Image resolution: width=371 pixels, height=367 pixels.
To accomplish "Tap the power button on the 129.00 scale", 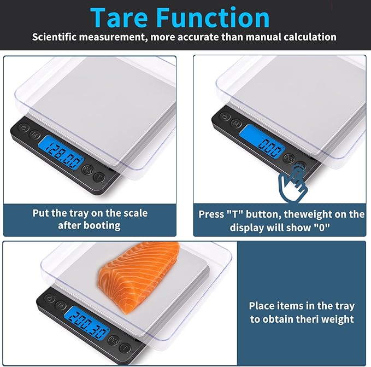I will pyautogui.click(x=22, y=129).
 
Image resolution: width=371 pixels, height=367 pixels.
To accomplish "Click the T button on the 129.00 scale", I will pyautogui.click(x=99, y=177).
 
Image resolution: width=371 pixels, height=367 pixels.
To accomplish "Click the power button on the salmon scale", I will pyautogui.click(x=49, y=299).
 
